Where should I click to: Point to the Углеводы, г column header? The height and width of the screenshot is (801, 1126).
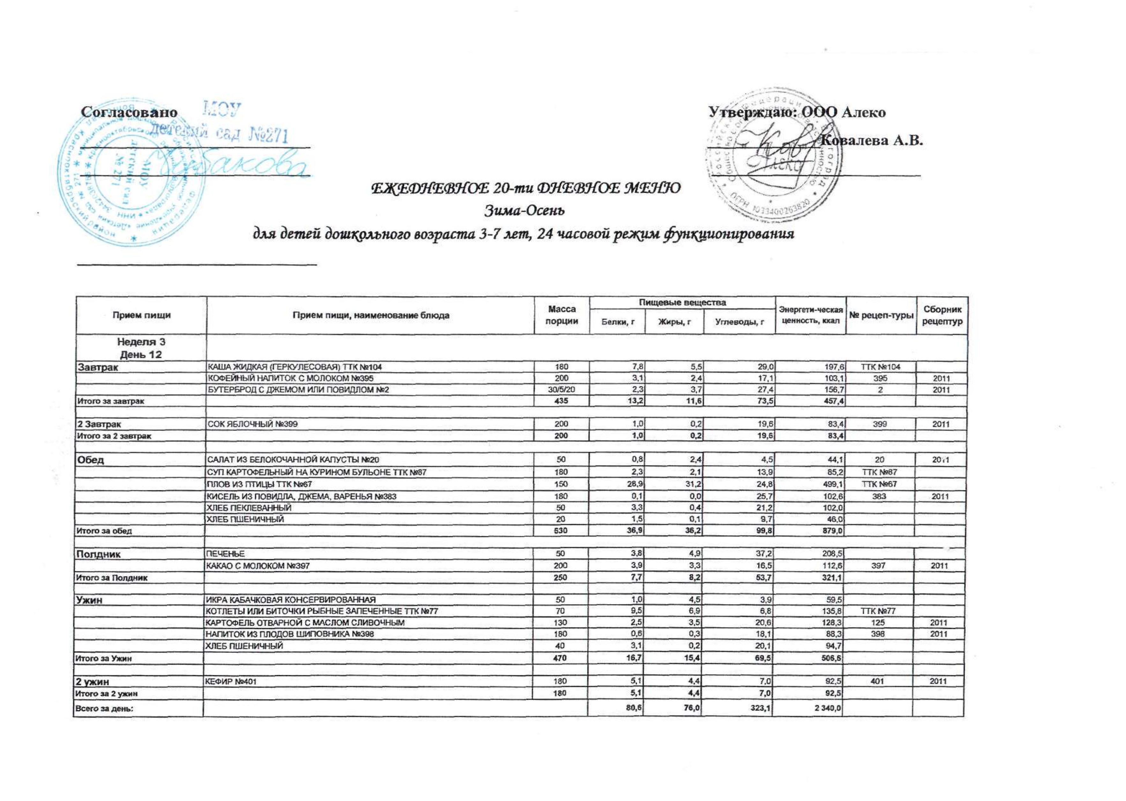coord(739,322)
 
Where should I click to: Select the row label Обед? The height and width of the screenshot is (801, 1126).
coord(90,460)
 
